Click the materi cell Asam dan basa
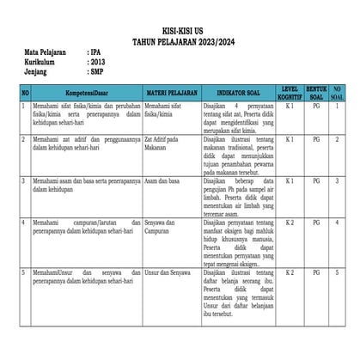(162, 181)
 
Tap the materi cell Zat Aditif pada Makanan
(165, 143)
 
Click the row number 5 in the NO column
(25, 272)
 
